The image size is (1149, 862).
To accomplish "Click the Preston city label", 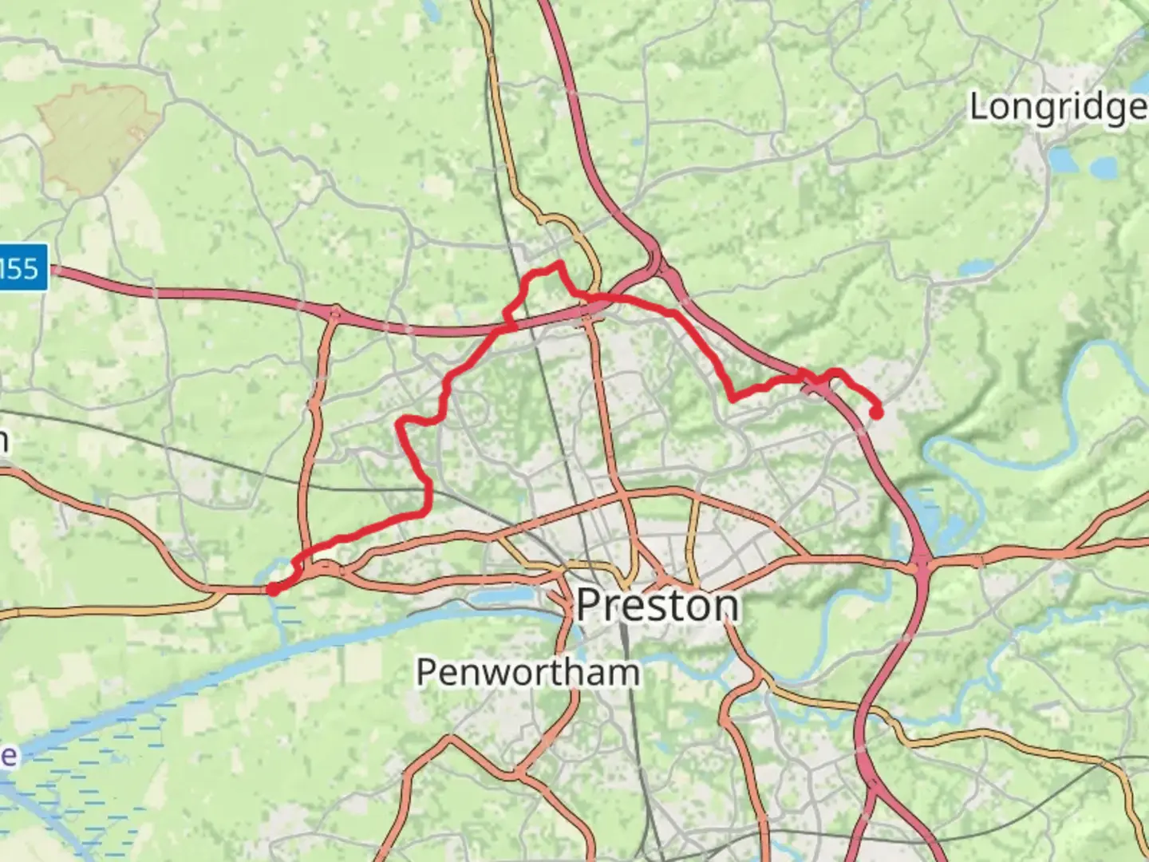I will pos(657,605).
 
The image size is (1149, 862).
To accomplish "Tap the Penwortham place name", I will pos(527,672).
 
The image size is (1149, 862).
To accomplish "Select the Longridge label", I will pos(1057,107).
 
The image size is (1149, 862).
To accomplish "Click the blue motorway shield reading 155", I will pos(22,268).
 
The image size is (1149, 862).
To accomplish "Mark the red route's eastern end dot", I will pos(876,413).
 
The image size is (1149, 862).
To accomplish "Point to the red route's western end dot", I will pos(273,589).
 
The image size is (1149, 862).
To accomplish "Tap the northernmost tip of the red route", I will pos(561,263).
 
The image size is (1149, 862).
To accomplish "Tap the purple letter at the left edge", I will pos(8,754).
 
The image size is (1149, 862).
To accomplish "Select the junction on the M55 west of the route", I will pos(334,314).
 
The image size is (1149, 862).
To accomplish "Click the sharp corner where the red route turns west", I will pos(428,512).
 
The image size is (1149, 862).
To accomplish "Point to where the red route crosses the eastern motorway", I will pos(814,383).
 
